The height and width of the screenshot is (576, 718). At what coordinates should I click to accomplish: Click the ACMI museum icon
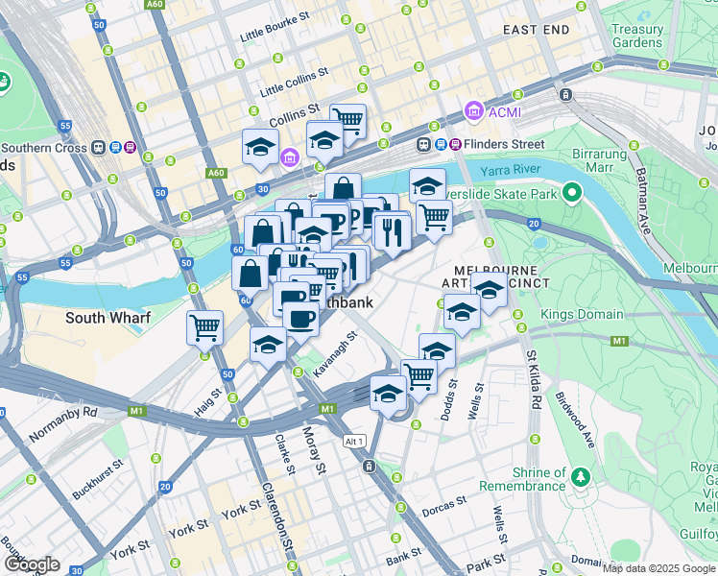click(473, 112)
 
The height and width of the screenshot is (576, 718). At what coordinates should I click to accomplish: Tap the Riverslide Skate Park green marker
click(572, 193)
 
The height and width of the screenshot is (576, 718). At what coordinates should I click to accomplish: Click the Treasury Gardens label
click(637, 36)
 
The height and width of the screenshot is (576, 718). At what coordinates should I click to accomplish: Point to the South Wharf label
click(105, 317)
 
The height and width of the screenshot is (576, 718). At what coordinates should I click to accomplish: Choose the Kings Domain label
click(582, 315)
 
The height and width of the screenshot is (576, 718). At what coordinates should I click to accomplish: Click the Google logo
click(32, 564)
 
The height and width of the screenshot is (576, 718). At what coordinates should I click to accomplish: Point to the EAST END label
click(536, 30)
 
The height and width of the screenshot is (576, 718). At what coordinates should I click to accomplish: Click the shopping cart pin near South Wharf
click(205, 328)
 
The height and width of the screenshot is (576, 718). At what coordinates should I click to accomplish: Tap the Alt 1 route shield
click(354, 440)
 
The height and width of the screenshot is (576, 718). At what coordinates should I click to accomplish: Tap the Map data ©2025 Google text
click(658, 567)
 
